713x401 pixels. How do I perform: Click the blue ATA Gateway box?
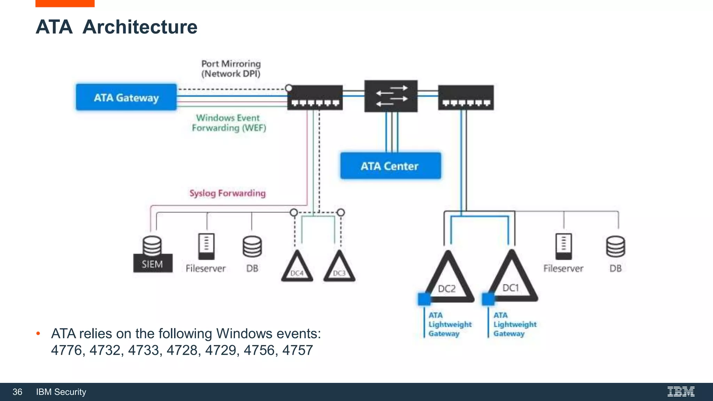126,97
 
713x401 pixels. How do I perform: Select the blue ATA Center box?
390,166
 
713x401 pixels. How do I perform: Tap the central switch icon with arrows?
391,96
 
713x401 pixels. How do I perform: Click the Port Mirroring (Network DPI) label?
231,69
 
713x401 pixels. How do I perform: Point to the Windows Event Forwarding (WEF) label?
229,123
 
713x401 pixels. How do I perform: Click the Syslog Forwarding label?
227,193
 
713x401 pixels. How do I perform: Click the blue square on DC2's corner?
424,299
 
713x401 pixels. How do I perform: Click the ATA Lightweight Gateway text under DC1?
515,324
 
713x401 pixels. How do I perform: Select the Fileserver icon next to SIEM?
206,246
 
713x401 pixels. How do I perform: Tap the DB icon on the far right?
615,246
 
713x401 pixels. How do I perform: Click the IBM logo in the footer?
681,392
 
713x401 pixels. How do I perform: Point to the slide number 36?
17,392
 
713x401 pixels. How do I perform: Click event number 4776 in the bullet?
66,350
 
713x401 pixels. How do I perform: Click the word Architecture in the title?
140,27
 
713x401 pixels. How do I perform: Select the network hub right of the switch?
465,97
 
